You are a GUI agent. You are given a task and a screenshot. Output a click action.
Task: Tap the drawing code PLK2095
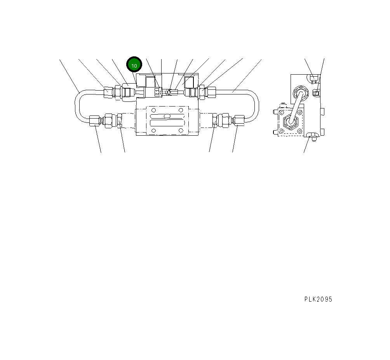[x=318, y=299]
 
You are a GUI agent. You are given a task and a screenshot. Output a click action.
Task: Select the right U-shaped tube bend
[x=257, y=104]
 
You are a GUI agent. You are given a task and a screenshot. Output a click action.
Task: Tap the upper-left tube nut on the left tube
[x=108, y=93]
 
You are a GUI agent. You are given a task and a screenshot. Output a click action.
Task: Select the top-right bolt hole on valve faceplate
[x=181, y=110]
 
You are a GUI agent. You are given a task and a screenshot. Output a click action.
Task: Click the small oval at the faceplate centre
[x=167, y=116]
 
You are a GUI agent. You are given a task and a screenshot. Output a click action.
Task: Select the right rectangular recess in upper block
[x=189, y=82]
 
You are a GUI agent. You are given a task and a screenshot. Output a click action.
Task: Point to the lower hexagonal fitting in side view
[x=290, y=121]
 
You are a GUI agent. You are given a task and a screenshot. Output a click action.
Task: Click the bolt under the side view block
[x=310, y=136]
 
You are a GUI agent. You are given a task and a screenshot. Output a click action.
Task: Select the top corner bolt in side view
[x=314, y=80]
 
